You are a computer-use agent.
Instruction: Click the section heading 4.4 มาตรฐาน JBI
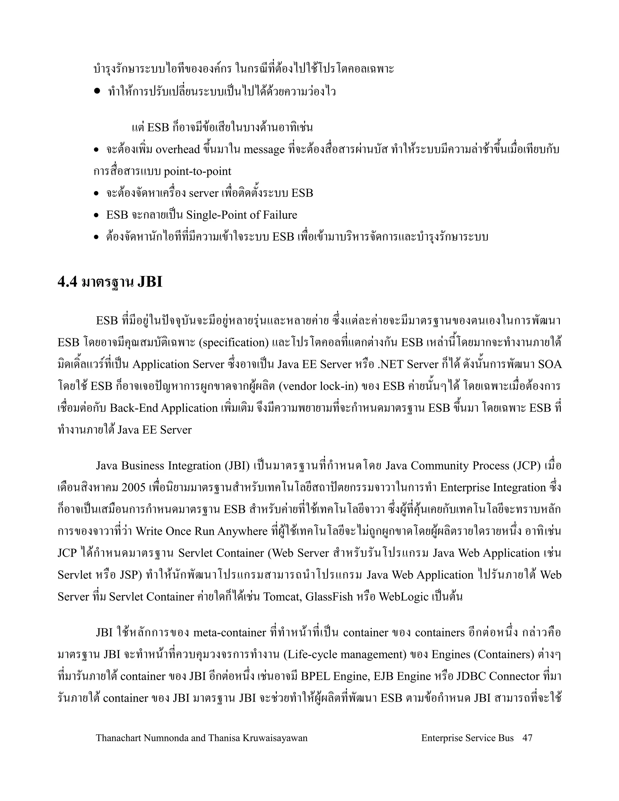[x=110, y=282]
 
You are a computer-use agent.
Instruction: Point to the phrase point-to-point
[x=197, y=172]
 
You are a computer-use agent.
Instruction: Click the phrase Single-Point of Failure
[x=242, y=215]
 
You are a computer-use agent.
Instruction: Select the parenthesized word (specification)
[x=234, y=342]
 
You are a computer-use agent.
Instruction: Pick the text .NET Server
[x=406, y=365]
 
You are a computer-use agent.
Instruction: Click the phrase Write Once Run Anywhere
[x=201, y=531]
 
